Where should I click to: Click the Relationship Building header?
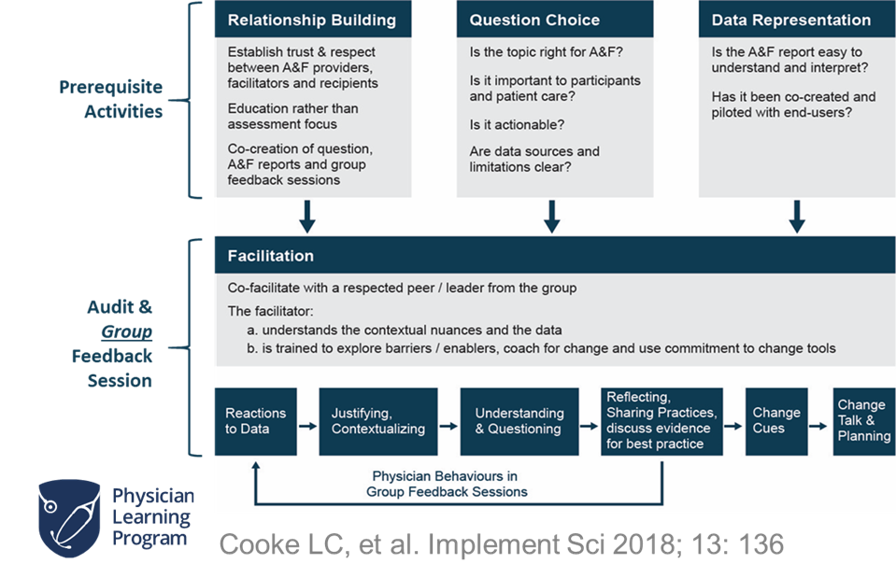(x=312, y=20)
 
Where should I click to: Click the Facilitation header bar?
(x=554, y=255)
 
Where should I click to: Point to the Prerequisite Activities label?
(x=111, y=99)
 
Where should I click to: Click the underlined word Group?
(x=126, y=331)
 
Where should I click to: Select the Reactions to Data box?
(x=255, y=421)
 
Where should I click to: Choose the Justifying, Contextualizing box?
(x=377, y=421)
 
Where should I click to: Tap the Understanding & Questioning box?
(x=519, y=421)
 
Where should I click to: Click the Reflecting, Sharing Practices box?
(x=662, y=421)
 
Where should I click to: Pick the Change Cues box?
(x=775, y=421)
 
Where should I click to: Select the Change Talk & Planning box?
(x=863, y=421)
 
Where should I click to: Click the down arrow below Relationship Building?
(x=306, y=218)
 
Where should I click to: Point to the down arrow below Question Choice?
(x=552, y=218)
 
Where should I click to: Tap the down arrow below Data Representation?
(x=796, y=218)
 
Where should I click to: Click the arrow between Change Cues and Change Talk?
(x=820, y=422)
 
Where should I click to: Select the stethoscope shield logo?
(x=68, y=517)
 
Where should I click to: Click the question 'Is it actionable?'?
(x=516, y=125)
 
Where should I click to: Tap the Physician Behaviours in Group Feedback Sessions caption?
(x=447, y=484)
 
